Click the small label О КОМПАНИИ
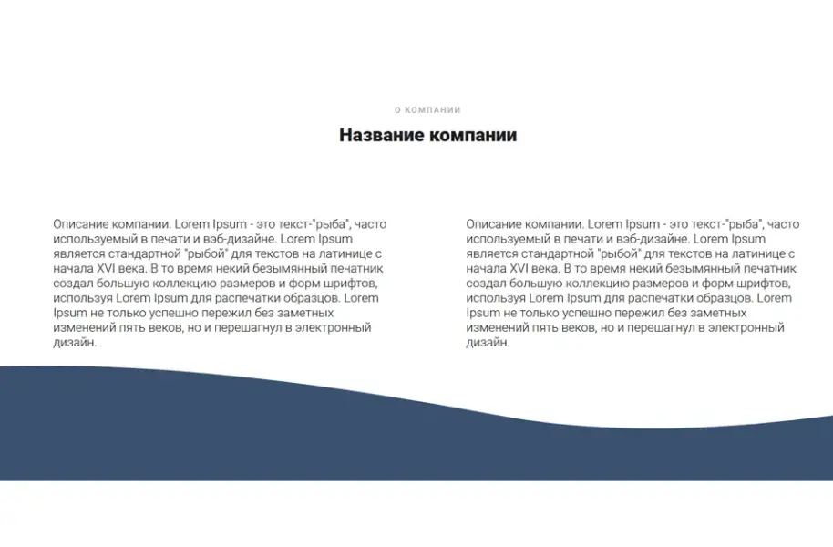point(427,110)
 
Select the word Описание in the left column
point(81,223)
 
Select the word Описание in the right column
point(494,223)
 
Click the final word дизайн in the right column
point(487,343)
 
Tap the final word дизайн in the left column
point(74,343)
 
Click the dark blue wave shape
point(273,438)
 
